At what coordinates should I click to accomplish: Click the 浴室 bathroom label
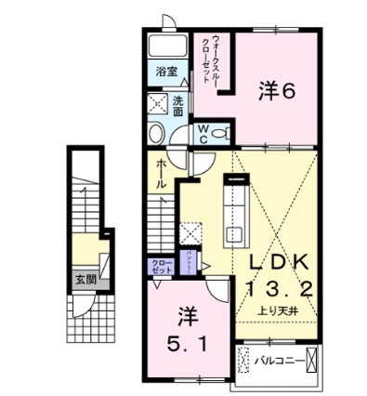pyautogui.click(x=166, y=71)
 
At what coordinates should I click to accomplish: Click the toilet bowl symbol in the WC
pyautogui.click(x=219, y=134)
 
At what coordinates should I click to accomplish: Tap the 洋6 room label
pyautogui.click(x=276, y=91)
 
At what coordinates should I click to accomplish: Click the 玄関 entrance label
pyautogui.click(x=85, y=277)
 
